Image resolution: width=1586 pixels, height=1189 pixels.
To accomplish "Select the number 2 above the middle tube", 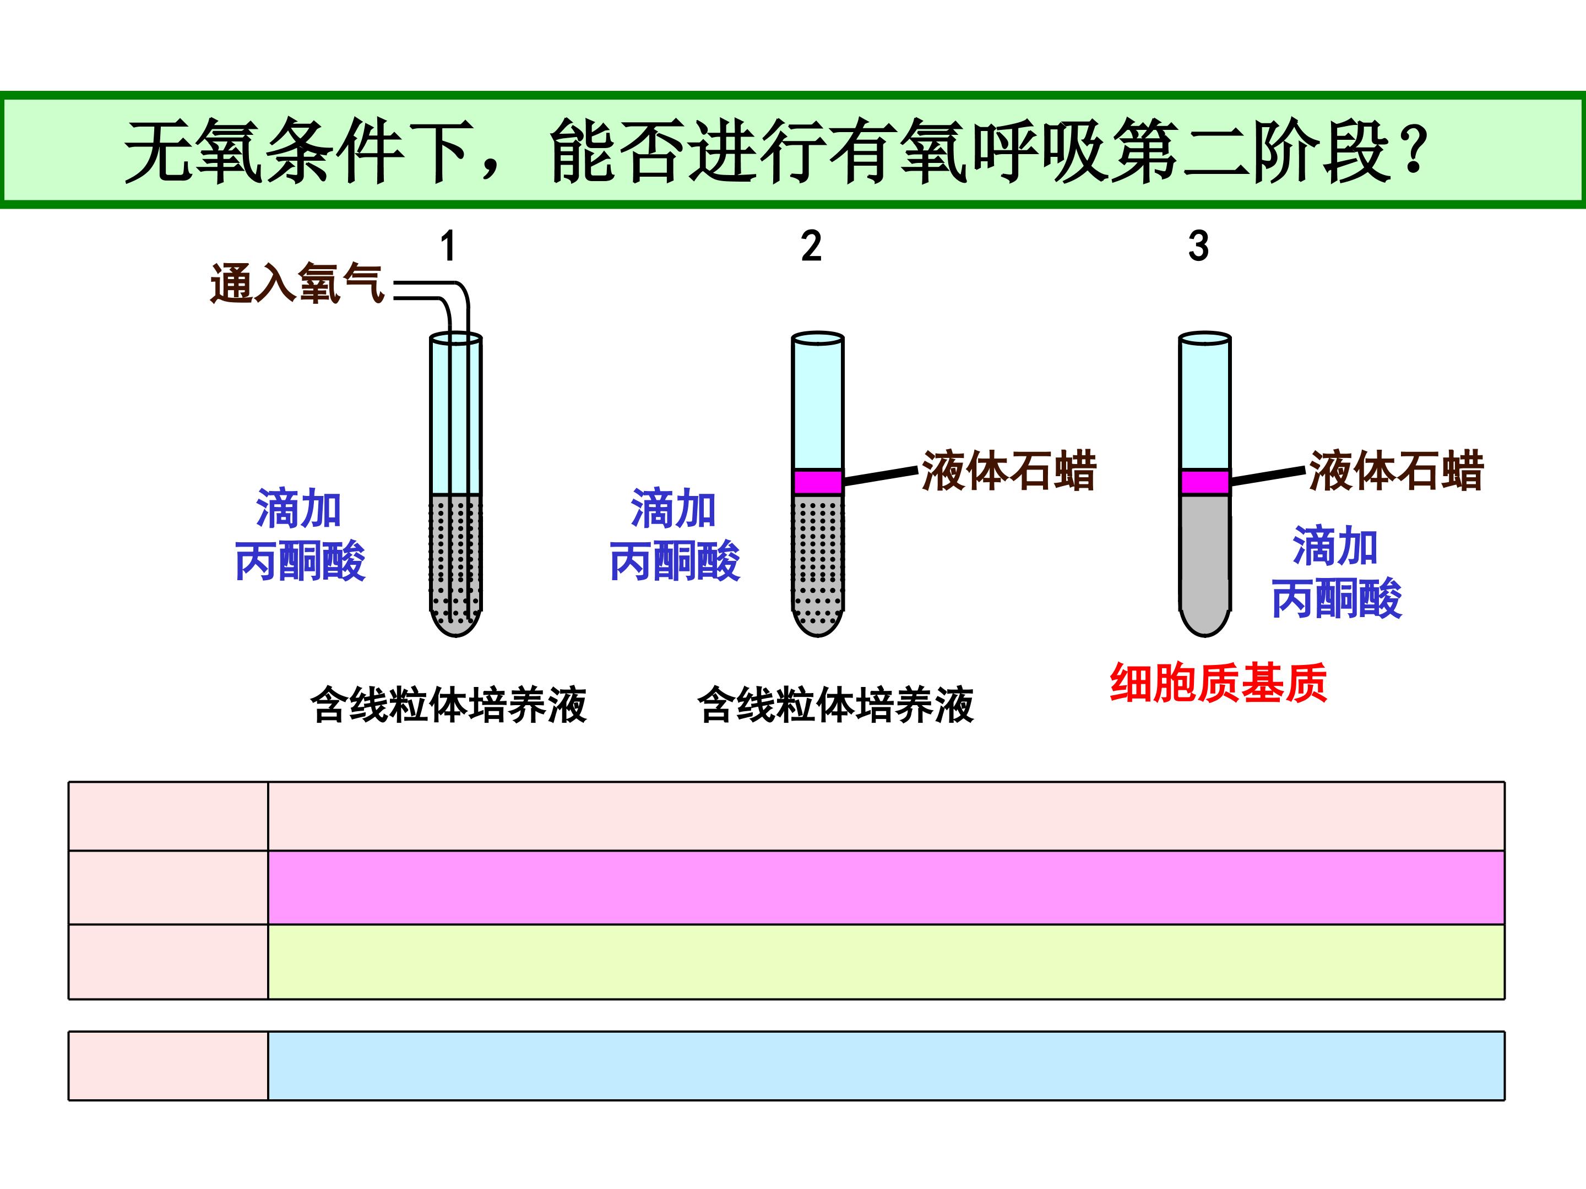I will click(811, 247).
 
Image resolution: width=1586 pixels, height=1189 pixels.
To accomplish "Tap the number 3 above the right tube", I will click(1198, 247).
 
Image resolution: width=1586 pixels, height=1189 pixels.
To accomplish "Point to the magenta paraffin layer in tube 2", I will click(817, 482).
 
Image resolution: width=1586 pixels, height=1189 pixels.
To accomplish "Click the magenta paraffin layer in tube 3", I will click(1204, 482).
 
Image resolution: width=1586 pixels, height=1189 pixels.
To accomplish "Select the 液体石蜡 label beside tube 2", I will click(1009, 471).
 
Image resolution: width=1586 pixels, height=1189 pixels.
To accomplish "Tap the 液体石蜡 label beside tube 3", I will click(1396, 471).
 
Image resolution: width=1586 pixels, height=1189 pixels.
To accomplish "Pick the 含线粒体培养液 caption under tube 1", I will click(449, 705).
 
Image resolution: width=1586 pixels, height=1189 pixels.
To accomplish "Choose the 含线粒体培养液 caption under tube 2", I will click(836, 705).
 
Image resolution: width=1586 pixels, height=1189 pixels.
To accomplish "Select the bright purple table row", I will click(886, 887).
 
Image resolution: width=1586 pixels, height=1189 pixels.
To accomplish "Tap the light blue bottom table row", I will click(886, 1065).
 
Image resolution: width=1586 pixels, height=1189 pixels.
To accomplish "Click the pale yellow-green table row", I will click(886, 962).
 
